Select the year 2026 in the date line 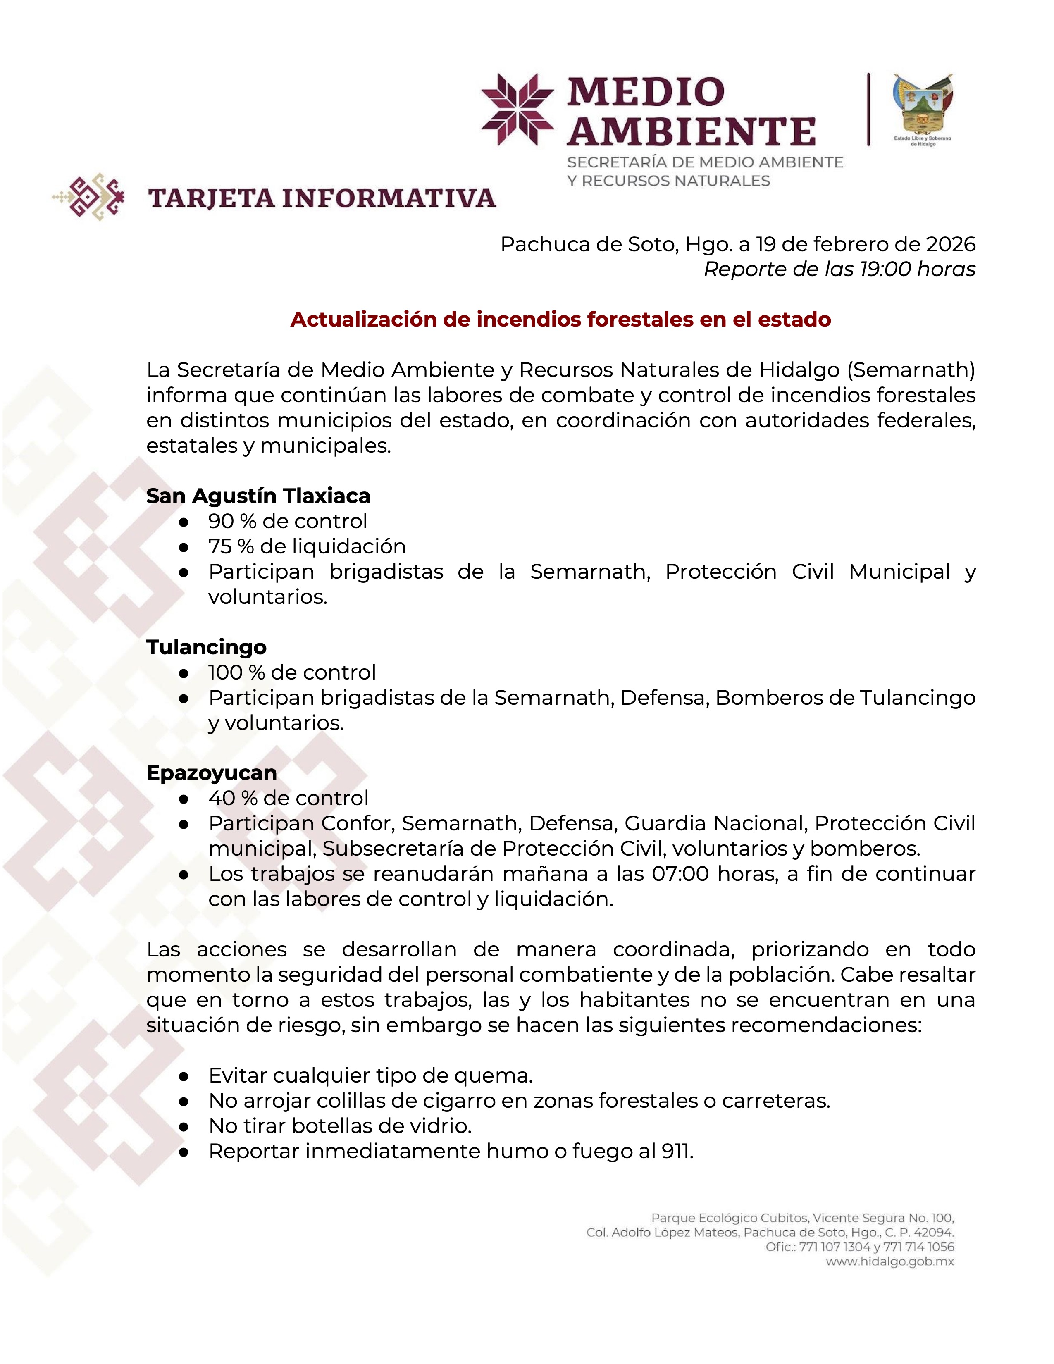coord(950,244)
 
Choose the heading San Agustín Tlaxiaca coord(258,496)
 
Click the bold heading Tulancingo coord(206,647)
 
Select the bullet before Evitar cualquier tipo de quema coord(184,1076)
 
